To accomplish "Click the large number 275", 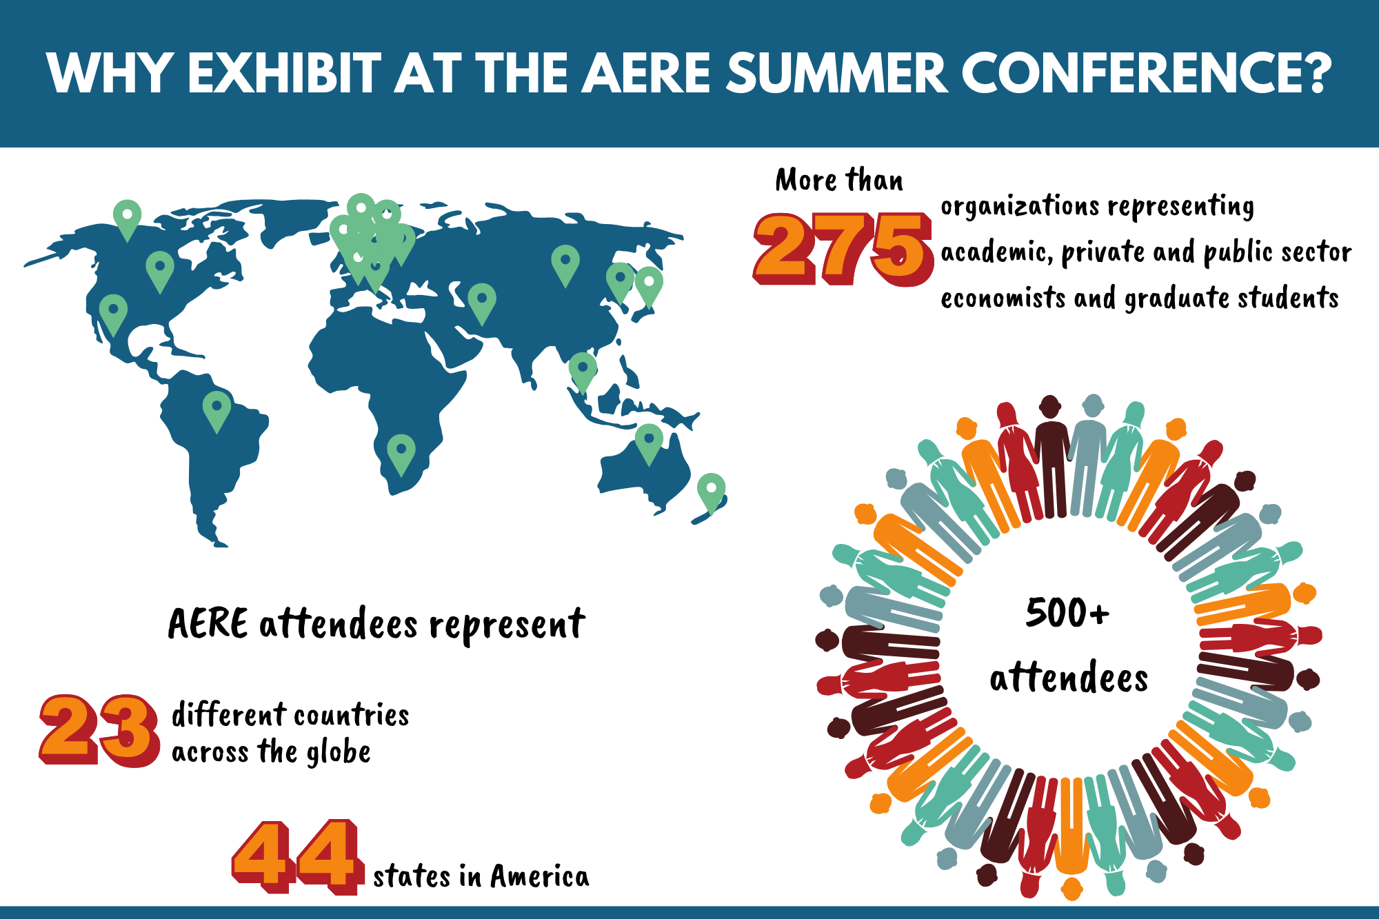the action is [x=843, y=249].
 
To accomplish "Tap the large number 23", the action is [x=99, y=730].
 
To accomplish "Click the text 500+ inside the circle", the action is [x=1067, y=613].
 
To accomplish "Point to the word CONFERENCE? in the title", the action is [x=1145, y=73].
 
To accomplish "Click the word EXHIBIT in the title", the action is [x=285, y=73].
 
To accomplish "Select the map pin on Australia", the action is [x=649, y=444].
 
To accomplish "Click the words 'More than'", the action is [x=839, y=180].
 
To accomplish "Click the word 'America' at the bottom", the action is [x=540, y=876].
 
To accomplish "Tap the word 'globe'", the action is [x=339, y=752].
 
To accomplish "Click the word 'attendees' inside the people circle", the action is [x=1069, y=677].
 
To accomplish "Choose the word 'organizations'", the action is [x=1020, y=207].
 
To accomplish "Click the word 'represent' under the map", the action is [x=507, y=625].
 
